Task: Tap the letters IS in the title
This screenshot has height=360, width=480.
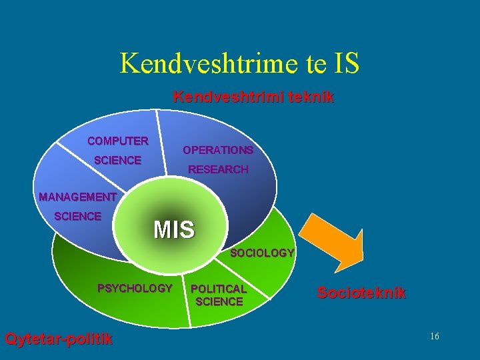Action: [x=345, y=63]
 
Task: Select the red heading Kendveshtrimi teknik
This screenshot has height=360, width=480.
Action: [x=253, y=97]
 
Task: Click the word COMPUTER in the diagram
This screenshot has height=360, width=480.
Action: [x=118, y=141]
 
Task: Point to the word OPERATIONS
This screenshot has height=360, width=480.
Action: [x=218, y=150]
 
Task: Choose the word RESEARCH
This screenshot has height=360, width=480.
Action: [x=218, y=169]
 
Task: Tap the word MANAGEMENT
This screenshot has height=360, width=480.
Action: [x=78, y=197]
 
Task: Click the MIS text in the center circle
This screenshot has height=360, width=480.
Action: [x=174, y=230]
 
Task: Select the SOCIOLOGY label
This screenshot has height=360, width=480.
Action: [x=262, y=253]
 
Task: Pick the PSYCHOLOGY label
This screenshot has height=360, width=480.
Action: [x=135, y=289]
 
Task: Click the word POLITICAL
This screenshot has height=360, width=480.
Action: [x=219, y=289]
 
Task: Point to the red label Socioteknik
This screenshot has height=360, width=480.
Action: [x=361, y=293]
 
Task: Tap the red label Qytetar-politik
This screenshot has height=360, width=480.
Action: [x=59, y=339]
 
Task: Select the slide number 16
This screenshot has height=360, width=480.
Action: [x=434, y=337]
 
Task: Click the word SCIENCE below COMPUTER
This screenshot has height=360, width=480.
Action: [x=118, y=161]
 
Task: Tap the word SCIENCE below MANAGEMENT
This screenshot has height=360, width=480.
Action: [x=78, y=216]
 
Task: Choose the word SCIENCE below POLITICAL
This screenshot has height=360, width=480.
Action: [x=219, y=302]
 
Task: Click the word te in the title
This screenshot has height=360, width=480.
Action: [x=307, y=63]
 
